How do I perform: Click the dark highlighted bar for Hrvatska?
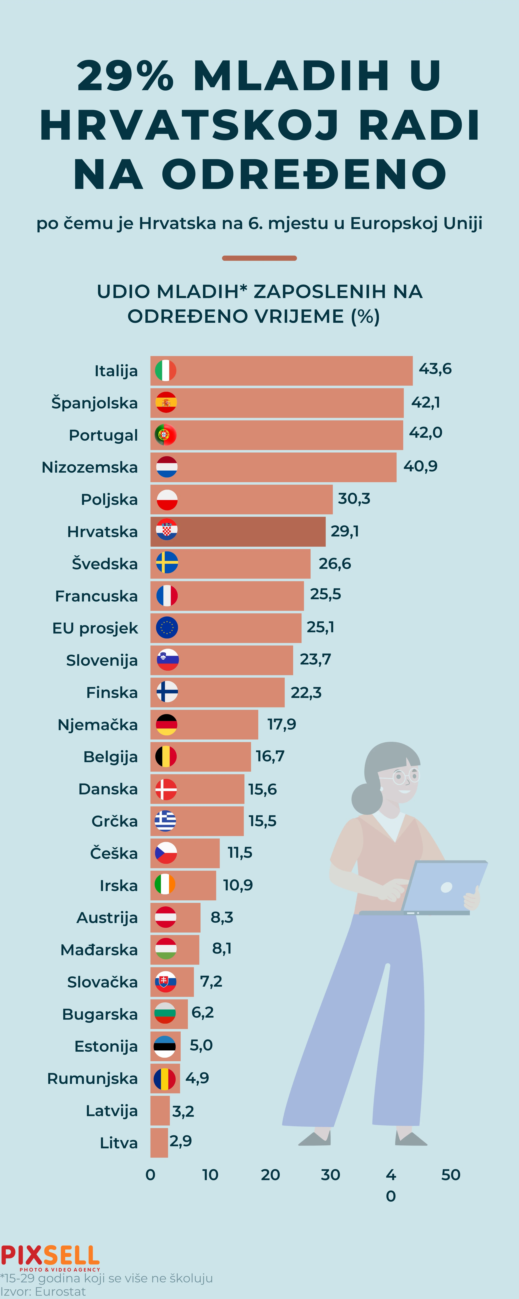(252, 531)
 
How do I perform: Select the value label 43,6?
(435, 369)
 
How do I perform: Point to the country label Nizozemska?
(90, 467)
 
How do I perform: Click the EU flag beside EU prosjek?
(166, 628)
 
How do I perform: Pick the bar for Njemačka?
(217, 725)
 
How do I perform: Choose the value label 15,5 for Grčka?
(262, 821)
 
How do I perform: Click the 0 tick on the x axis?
(150, 1175)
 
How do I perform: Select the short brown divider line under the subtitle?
(259, 258)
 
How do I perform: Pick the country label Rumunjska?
(92, 1079)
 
